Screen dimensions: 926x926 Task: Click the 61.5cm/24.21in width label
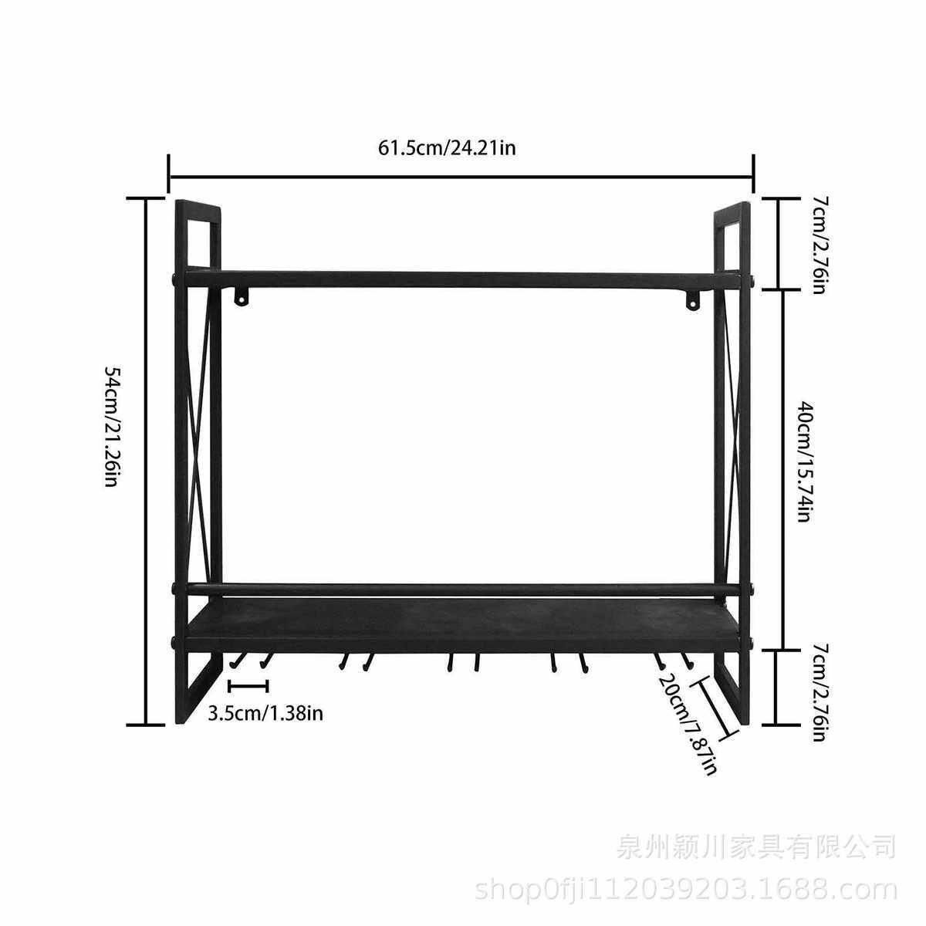click(446, 147)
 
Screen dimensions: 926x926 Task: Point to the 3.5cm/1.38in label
click(265, 712)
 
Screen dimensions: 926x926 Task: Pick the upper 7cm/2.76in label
click(820, 244)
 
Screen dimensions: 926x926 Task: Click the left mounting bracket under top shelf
click(243, 297)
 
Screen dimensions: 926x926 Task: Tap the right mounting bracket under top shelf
click(692, 299)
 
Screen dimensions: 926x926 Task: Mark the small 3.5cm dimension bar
click(248, 686)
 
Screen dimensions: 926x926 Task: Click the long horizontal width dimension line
click(461, 177)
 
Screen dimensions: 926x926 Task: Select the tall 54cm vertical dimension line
click(146, 461)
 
